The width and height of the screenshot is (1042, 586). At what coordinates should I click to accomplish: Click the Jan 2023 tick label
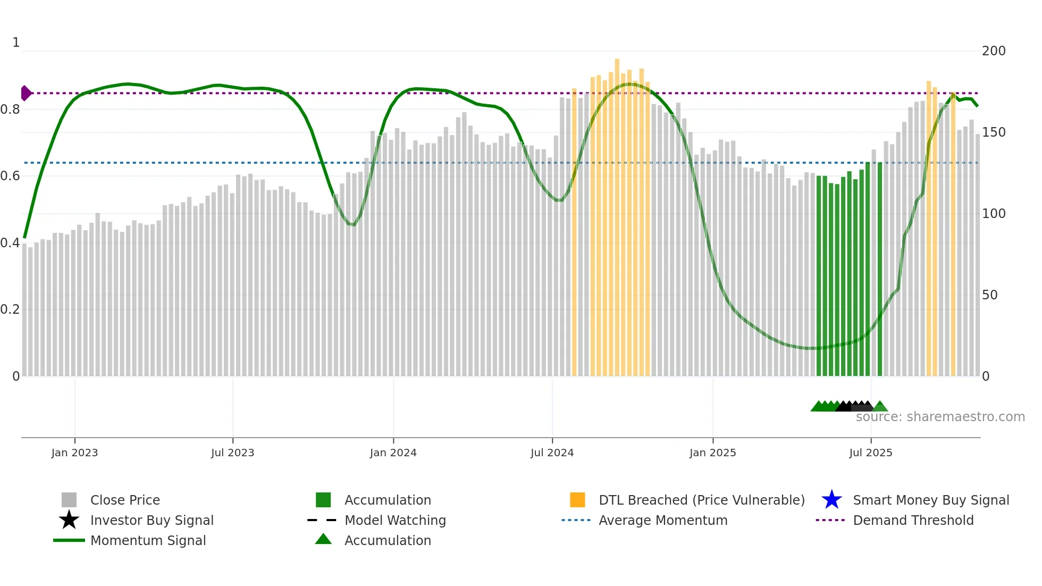74,453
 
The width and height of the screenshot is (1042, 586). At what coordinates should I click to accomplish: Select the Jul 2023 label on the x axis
232,453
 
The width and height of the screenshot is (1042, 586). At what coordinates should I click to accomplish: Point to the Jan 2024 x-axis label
393,453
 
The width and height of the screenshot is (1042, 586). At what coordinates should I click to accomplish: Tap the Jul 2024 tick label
552,453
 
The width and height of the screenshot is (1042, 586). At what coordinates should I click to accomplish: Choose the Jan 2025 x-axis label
712,453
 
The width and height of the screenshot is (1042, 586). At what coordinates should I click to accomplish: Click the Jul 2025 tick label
870,453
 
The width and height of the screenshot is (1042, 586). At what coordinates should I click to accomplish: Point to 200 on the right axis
994,51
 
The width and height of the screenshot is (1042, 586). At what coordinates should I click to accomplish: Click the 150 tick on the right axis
994,132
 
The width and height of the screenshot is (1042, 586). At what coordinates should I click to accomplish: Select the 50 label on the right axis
989,295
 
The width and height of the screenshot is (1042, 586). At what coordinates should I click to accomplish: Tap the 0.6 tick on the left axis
10,176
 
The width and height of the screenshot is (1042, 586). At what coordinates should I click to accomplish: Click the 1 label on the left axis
16,43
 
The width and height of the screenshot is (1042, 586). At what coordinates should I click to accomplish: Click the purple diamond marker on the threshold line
26,93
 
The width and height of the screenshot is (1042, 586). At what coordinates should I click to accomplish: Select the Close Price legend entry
125,500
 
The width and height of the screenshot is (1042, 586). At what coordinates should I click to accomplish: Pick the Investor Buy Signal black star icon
69,520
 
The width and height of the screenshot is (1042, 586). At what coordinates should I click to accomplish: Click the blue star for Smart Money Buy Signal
831,500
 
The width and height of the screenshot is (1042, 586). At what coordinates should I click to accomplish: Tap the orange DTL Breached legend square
577,500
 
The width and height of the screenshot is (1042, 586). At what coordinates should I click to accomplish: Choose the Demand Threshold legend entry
913,520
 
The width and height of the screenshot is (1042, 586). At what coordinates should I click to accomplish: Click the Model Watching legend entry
394,520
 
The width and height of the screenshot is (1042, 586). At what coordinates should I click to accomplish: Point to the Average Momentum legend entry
662,520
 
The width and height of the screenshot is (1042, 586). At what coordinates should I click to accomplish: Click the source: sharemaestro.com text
940,417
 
